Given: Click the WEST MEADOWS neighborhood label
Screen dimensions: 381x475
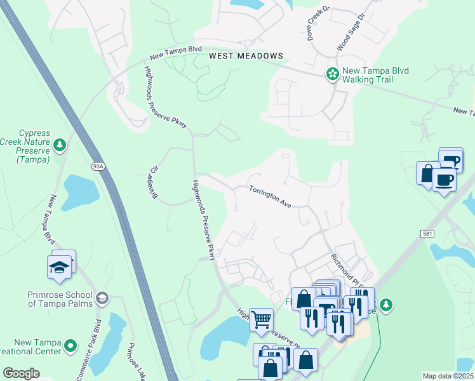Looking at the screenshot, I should (246, 56).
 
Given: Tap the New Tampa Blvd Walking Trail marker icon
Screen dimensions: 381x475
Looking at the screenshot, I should (331, 74).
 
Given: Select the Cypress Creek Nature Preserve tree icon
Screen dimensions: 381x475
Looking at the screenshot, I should (59, 145).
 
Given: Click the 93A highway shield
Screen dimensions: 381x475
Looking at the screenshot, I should (97, 166).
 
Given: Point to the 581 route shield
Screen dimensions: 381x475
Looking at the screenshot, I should (427, 234).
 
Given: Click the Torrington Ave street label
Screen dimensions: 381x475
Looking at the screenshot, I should (269, 197).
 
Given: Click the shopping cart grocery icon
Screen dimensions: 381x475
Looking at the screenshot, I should (261, 320).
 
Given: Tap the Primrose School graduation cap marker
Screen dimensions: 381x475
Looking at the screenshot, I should (101, 298).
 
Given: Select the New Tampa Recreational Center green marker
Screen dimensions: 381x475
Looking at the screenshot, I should (70, 347).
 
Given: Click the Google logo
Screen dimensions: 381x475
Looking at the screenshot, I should (21, 373).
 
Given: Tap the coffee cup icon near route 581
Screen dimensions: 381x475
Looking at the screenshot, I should (443, 180).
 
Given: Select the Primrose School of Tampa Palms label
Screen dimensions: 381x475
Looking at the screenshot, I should (60, 298).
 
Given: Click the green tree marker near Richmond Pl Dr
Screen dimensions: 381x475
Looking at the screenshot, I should (385, 305).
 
